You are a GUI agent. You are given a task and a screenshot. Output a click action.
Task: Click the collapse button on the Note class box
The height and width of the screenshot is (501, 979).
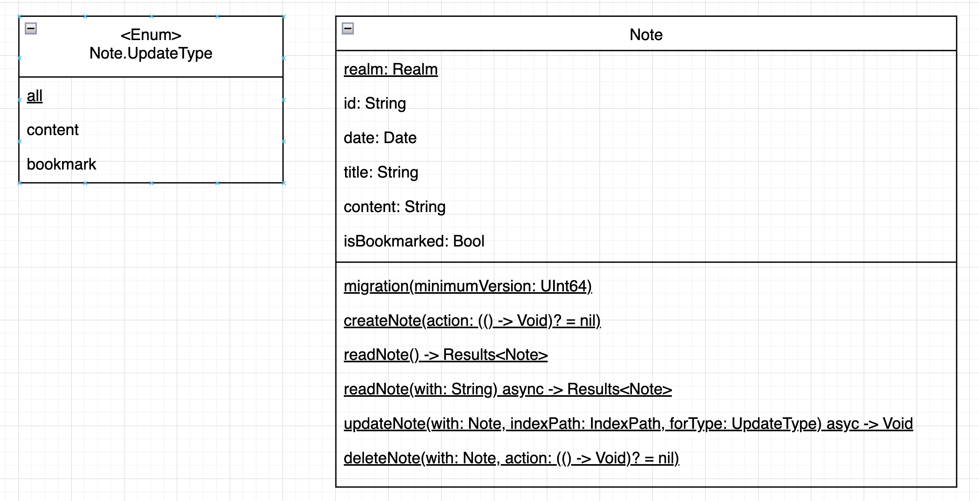pyautogui.click(x=347, y=28)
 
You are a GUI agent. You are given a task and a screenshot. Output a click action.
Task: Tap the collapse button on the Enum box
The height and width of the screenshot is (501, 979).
pyautogui.click(x=31, y=28)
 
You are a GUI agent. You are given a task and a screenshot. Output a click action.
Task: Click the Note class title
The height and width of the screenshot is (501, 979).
pyautogui.click(x=646, y=35)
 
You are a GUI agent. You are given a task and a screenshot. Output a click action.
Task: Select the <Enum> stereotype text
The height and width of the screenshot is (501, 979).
pyautogui.click(x=151, y=35)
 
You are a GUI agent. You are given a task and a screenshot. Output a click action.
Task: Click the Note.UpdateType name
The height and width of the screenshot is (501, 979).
pyautogui.click(x=151, y=53)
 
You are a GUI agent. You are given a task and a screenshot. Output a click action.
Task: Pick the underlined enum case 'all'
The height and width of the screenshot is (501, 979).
pyautogui.click(x=34, y=96)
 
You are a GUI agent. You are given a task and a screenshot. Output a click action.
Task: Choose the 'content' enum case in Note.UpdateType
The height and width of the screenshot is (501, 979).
pyautogui.click(x=52, y=130)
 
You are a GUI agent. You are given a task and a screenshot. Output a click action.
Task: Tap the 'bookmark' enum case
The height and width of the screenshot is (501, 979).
pyautogui.click(x=61, y=164)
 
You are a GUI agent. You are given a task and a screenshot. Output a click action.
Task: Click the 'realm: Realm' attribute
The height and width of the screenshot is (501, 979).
pyautogui.click(x=391, y=69)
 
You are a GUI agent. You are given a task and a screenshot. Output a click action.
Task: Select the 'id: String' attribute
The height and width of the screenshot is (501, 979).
pyautogui.click(x=375, y=103)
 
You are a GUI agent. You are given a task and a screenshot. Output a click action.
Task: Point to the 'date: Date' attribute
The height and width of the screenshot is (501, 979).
pyautogui.click(x=380, y=138)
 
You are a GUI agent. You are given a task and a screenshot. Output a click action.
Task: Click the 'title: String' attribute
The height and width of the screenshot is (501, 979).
pyautogui.click(x=381, y=172)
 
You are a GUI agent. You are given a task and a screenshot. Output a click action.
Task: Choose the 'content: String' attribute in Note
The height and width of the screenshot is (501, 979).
pyautogui.click(x=394, y=207)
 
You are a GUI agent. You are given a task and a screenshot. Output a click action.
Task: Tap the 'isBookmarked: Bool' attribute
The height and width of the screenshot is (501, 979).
pyautogui.click(x=414, y=241)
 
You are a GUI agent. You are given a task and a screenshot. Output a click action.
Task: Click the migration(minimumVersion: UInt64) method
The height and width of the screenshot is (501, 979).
pyautogui.click(x=467, y=286)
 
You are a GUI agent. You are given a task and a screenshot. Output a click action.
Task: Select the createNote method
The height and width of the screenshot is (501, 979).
pyautogui.click(x=472, y=321)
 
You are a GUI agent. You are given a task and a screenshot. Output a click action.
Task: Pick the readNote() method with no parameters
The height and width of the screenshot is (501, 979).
pyautogui.click(x=445, y=355)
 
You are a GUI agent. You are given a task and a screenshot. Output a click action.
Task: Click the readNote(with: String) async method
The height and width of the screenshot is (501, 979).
pyautogui.click(x=508, y=389)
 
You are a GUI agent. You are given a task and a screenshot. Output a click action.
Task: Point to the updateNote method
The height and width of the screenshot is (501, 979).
pyautogui.click(x=628, y=424)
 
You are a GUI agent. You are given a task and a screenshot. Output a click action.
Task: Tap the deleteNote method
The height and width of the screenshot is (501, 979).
pyautogui.click(x=511, y=458)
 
